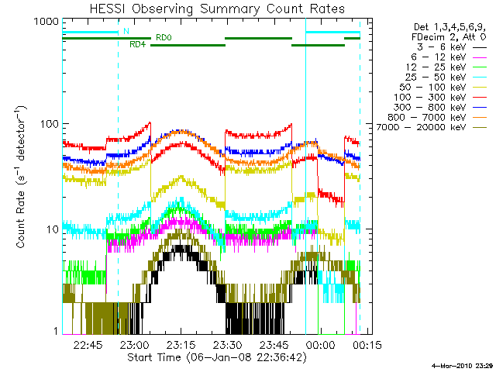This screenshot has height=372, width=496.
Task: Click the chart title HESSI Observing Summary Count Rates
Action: pyautogui.click(x=211, y=9)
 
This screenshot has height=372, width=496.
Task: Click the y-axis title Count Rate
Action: pyautogui.click(x=22, y=178)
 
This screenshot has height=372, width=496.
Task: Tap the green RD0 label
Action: pyautogui.click(x=164, y=37)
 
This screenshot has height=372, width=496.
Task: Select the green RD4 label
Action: pyautogui.click(x=137, y=45)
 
